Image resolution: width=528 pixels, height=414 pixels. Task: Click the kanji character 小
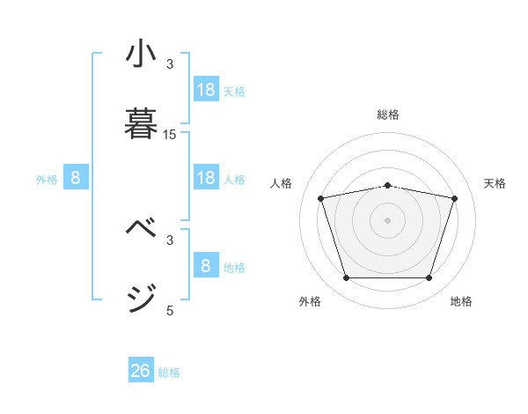point(141,55)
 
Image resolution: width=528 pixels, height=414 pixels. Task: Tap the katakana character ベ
point(141,227)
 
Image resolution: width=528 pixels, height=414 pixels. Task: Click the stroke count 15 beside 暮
point(170,135)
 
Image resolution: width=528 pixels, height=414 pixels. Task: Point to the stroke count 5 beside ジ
point(170,310)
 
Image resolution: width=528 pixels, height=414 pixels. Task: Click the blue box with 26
point(141,371)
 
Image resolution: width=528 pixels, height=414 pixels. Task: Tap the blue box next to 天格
point(206,90)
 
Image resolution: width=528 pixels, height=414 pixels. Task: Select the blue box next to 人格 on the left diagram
point(206,179)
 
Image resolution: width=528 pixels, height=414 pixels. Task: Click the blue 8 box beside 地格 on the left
point(206,266)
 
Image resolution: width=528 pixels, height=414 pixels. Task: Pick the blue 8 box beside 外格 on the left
point(76,179)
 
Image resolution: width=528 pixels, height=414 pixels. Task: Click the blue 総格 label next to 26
point(169,373)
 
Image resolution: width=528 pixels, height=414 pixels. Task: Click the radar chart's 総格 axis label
point(388,115)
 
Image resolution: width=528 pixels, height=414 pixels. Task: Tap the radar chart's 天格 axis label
point(495,183)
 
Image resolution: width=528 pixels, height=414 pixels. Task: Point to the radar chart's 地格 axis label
point(461,301)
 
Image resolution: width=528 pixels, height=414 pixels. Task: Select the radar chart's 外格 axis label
point(310,301)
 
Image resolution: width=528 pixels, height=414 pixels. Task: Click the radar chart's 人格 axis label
point(282,183)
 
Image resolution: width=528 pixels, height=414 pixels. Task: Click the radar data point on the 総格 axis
point(388,185)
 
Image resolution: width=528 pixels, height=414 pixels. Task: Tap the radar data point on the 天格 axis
point(454,198)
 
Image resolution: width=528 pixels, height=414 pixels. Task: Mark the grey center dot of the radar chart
point(388,220)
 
